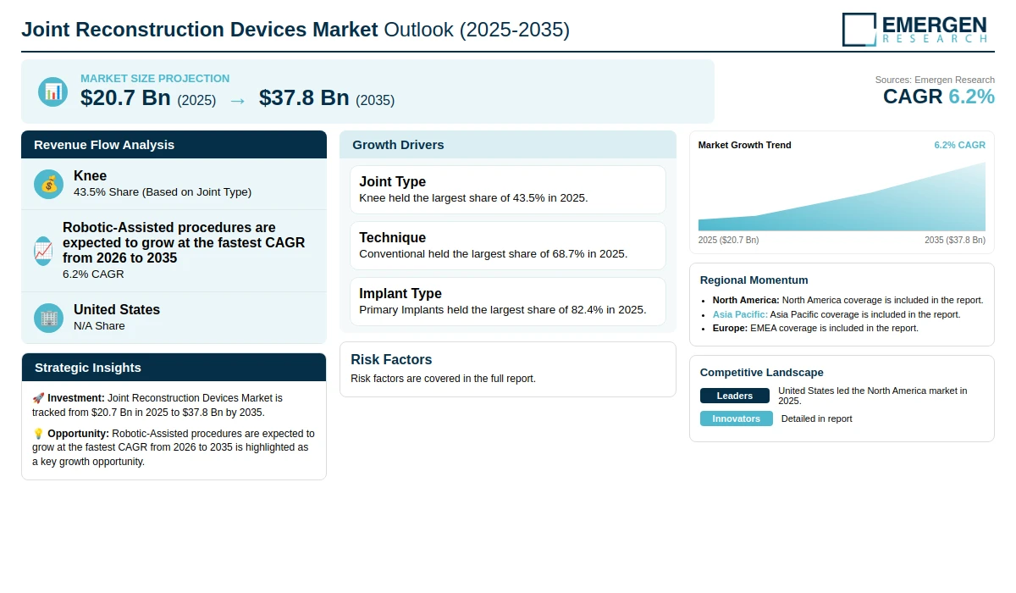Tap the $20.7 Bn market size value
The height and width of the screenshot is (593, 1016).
tap(125, 97)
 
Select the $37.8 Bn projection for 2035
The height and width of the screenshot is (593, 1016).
tap(304, 97)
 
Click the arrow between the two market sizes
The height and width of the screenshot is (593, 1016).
tap(237, 101)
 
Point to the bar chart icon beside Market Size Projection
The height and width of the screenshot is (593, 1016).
tap(52, 91)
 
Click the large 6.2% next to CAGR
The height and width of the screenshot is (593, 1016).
tap(971, 97)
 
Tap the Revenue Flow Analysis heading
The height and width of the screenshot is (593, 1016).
tap(104, 145)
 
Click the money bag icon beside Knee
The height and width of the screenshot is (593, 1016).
tap(48, 184)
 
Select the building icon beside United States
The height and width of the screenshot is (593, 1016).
tap(48, 318)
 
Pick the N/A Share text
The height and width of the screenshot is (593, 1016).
tap(99, 326)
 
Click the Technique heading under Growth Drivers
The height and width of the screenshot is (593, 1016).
tap(392, 237)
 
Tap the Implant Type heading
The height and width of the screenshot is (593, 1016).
tap(400, 293)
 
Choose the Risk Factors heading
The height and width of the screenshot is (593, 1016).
tap(391, 359)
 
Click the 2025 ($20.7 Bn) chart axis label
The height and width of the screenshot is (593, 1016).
tap(728, 240)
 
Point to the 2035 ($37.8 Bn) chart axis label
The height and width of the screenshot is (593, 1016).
tap(955, 240)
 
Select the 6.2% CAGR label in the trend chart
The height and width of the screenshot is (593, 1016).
tap(959, 145)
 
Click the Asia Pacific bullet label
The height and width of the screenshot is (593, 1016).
tap(740, 314)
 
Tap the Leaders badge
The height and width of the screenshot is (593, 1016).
tap(734, 396)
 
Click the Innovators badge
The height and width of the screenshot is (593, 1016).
tap(736, 418)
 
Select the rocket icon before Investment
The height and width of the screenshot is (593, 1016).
tap(38, 398)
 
